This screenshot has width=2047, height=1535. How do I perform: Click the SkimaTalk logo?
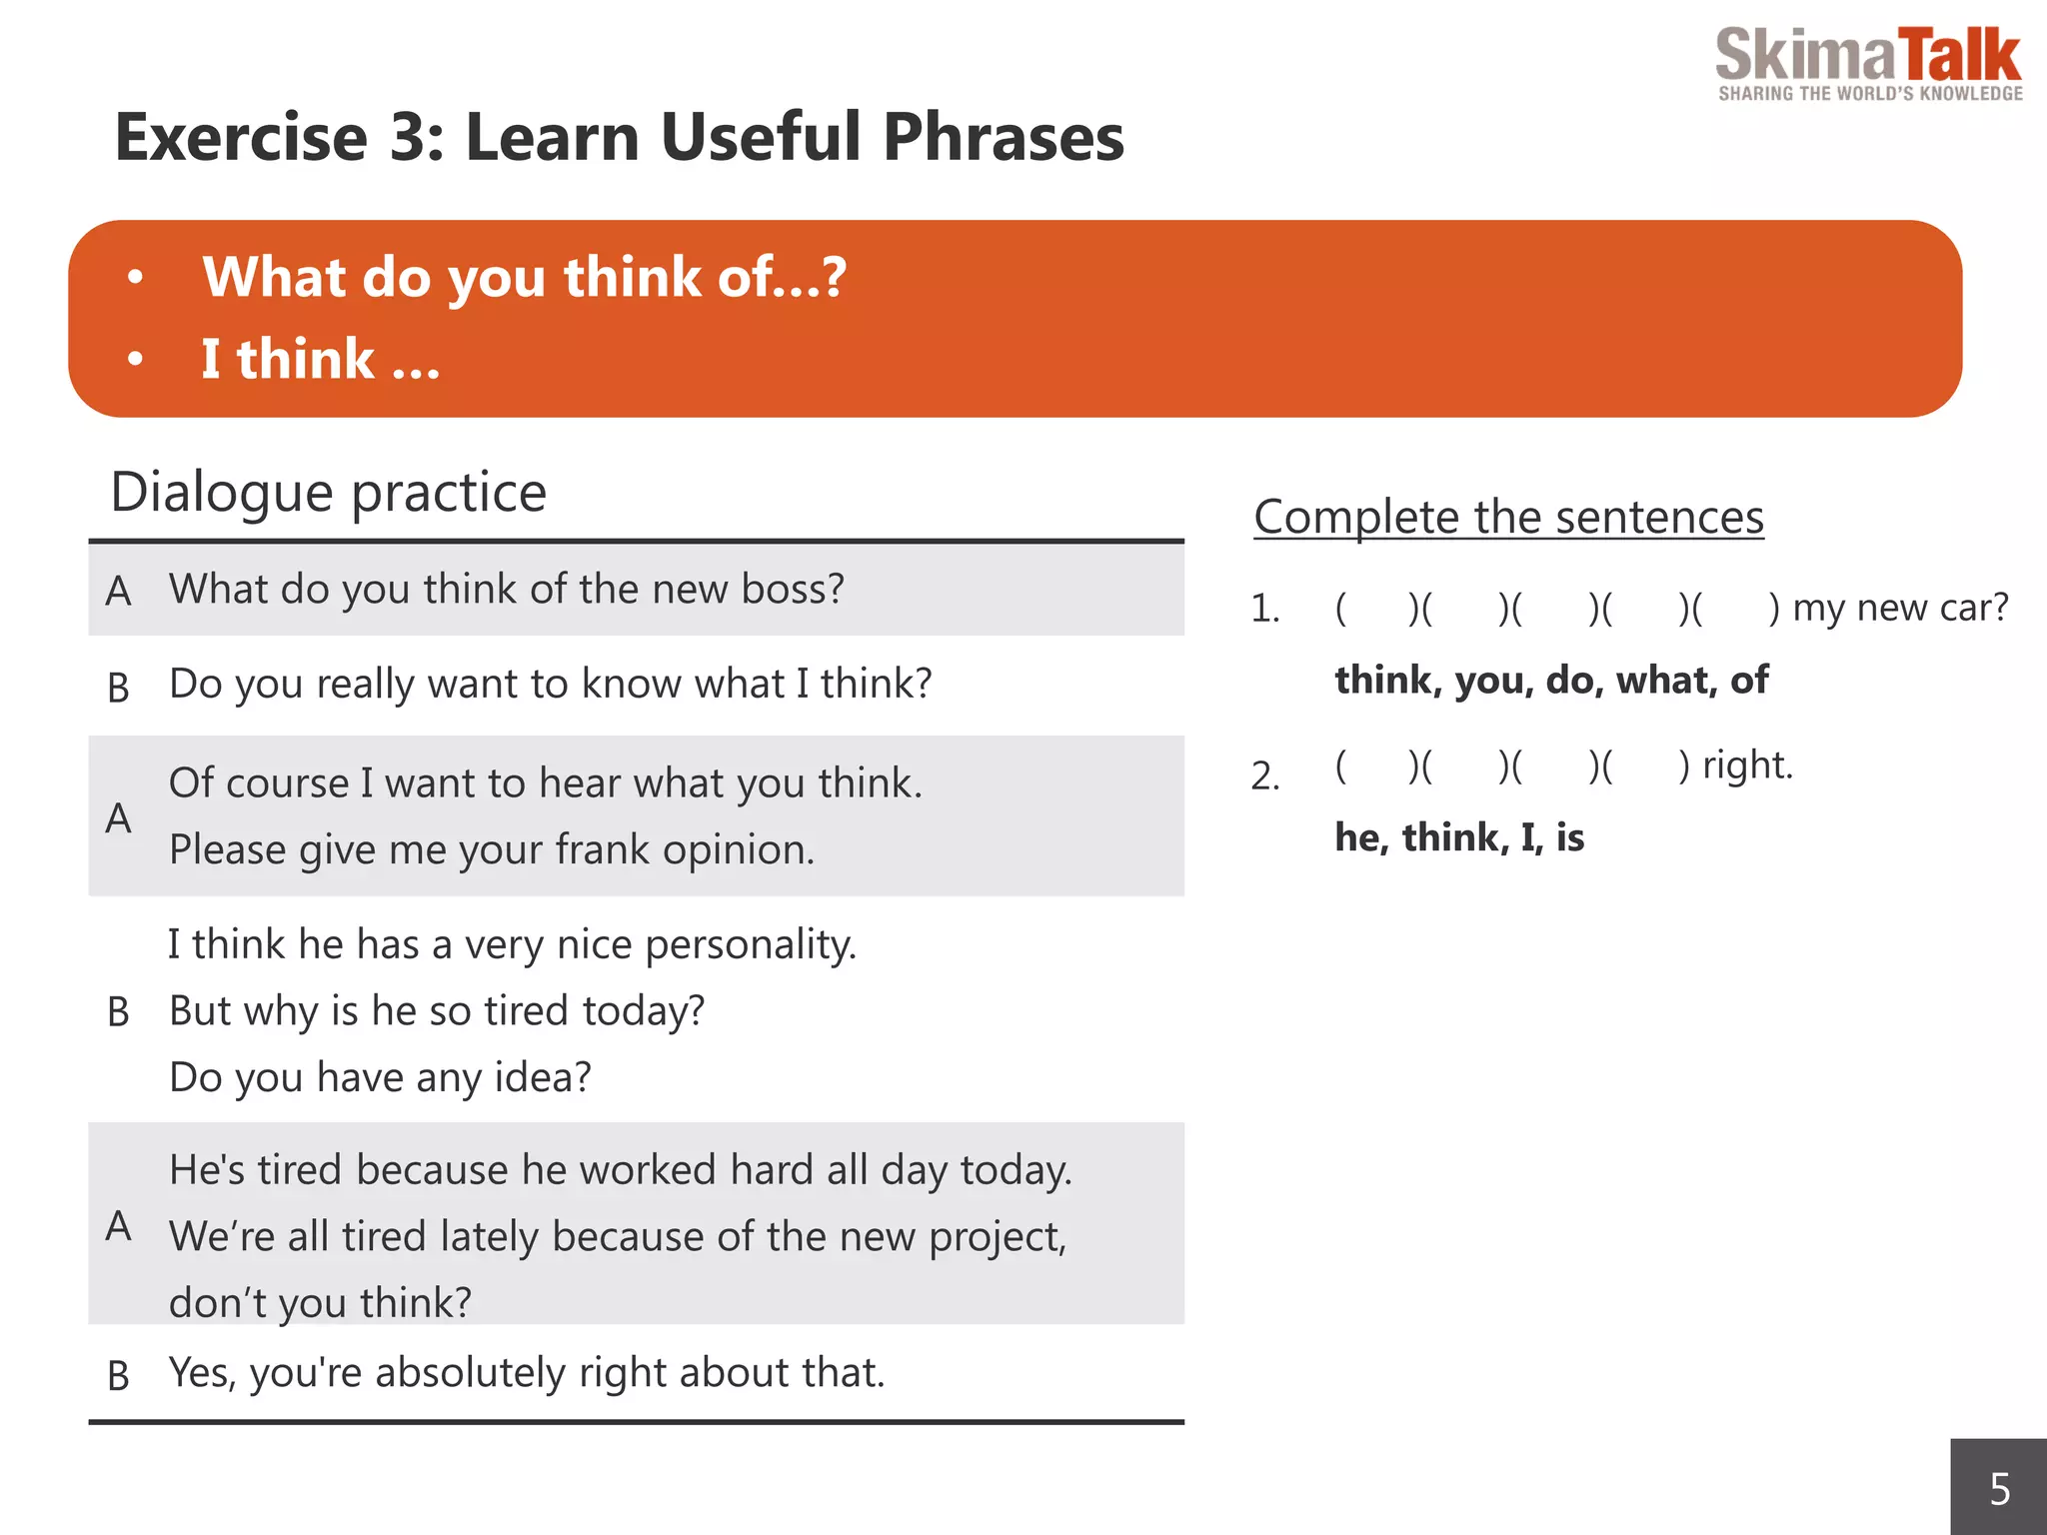[x=1867, y=62]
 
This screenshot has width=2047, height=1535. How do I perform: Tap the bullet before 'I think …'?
[x=136, y=360]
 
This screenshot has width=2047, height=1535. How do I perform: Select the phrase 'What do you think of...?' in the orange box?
[x=524, y=277]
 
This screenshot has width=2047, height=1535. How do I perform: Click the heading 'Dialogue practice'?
[x=328, y=492]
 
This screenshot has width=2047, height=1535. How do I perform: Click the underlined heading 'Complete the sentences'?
[x=1508, y=518]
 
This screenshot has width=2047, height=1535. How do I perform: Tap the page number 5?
[x=1999, y=1489]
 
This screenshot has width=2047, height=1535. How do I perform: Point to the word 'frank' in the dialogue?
[x=602, y=849]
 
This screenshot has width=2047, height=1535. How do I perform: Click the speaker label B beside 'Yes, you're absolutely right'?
[x=118, y=1377]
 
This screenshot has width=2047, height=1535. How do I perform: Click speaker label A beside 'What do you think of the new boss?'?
[x=118, y=592]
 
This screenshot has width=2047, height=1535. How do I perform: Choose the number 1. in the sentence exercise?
[x=1264, y=609]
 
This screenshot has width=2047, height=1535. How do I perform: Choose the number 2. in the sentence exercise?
[x=1264, y=775]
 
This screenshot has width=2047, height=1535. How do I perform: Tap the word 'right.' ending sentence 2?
[x=1747, y=766]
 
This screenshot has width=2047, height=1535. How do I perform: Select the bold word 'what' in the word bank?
[x=1660, y=681]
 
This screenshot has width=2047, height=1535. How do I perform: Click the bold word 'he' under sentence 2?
[x=1357, y=837]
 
